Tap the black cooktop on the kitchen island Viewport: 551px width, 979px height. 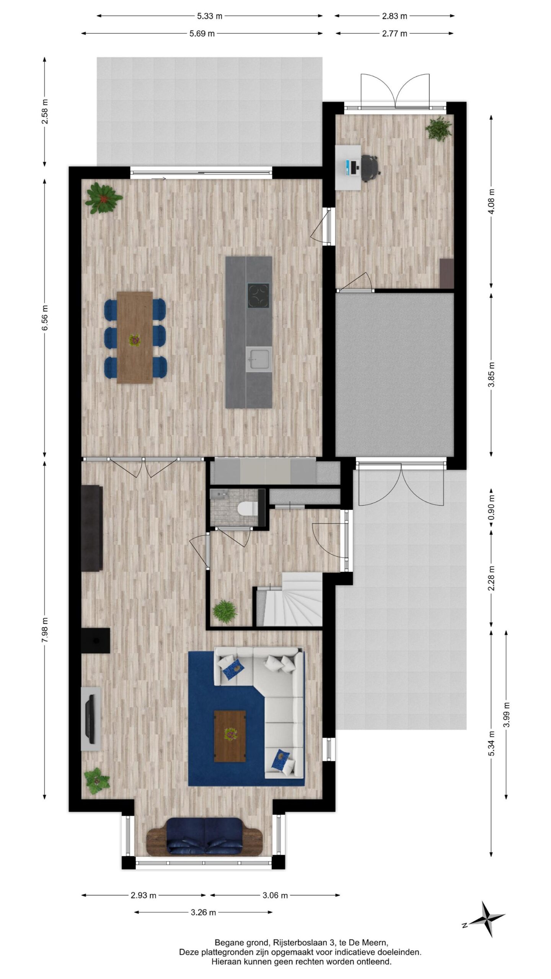click(x=258, y=295)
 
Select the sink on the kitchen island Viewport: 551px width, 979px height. click(x=259, y=359)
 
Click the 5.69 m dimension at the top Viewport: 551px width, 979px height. click(x=202, y=34)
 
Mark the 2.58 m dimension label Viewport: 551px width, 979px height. click(x=45, y=111)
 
